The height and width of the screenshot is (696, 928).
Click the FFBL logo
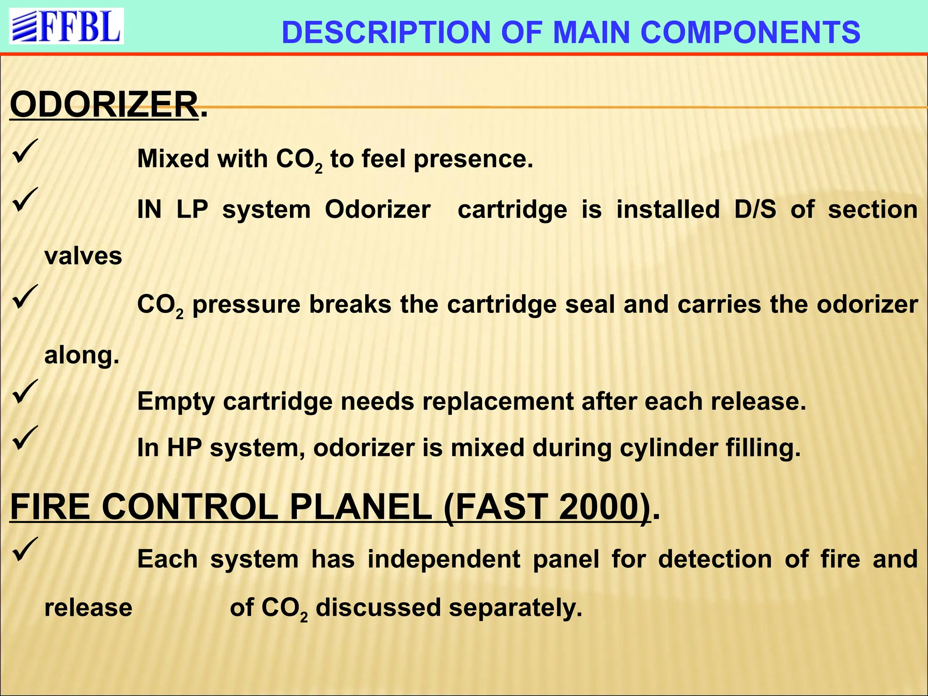pyautogui.click(x=67, y=26)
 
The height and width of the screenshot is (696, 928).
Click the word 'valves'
pyautogui.click(x=83, y=256)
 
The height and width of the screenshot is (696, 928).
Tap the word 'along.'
pyautogui.click(x=82, y=355)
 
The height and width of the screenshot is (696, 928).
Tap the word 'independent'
pyautogui.click(x=444, y=559)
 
